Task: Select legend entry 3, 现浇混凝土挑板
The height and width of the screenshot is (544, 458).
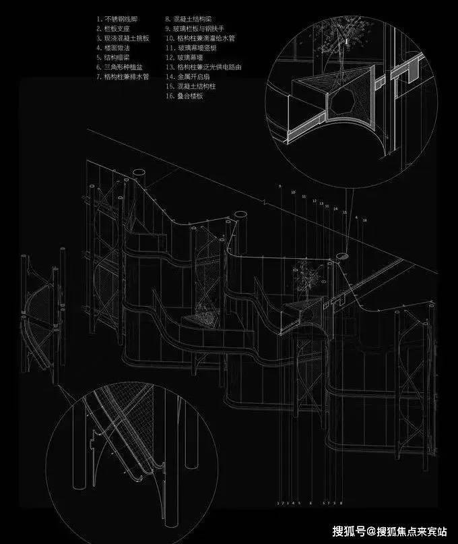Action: tap(122, 40)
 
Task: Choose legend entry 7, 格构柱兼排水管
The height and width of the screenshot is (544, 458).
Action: tap(124, 78)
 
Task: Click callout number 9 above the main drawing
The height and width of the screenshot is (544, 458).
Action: tap(280, 185)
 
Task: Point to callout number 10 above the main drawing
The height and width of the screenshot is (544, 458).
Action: tap(293, 191)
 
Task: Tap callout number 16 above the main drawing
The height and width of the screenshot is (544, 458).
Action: tap(365, 220)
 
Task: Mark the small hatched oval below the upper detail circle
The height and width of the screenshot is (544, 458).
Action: tap(343, 255)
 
